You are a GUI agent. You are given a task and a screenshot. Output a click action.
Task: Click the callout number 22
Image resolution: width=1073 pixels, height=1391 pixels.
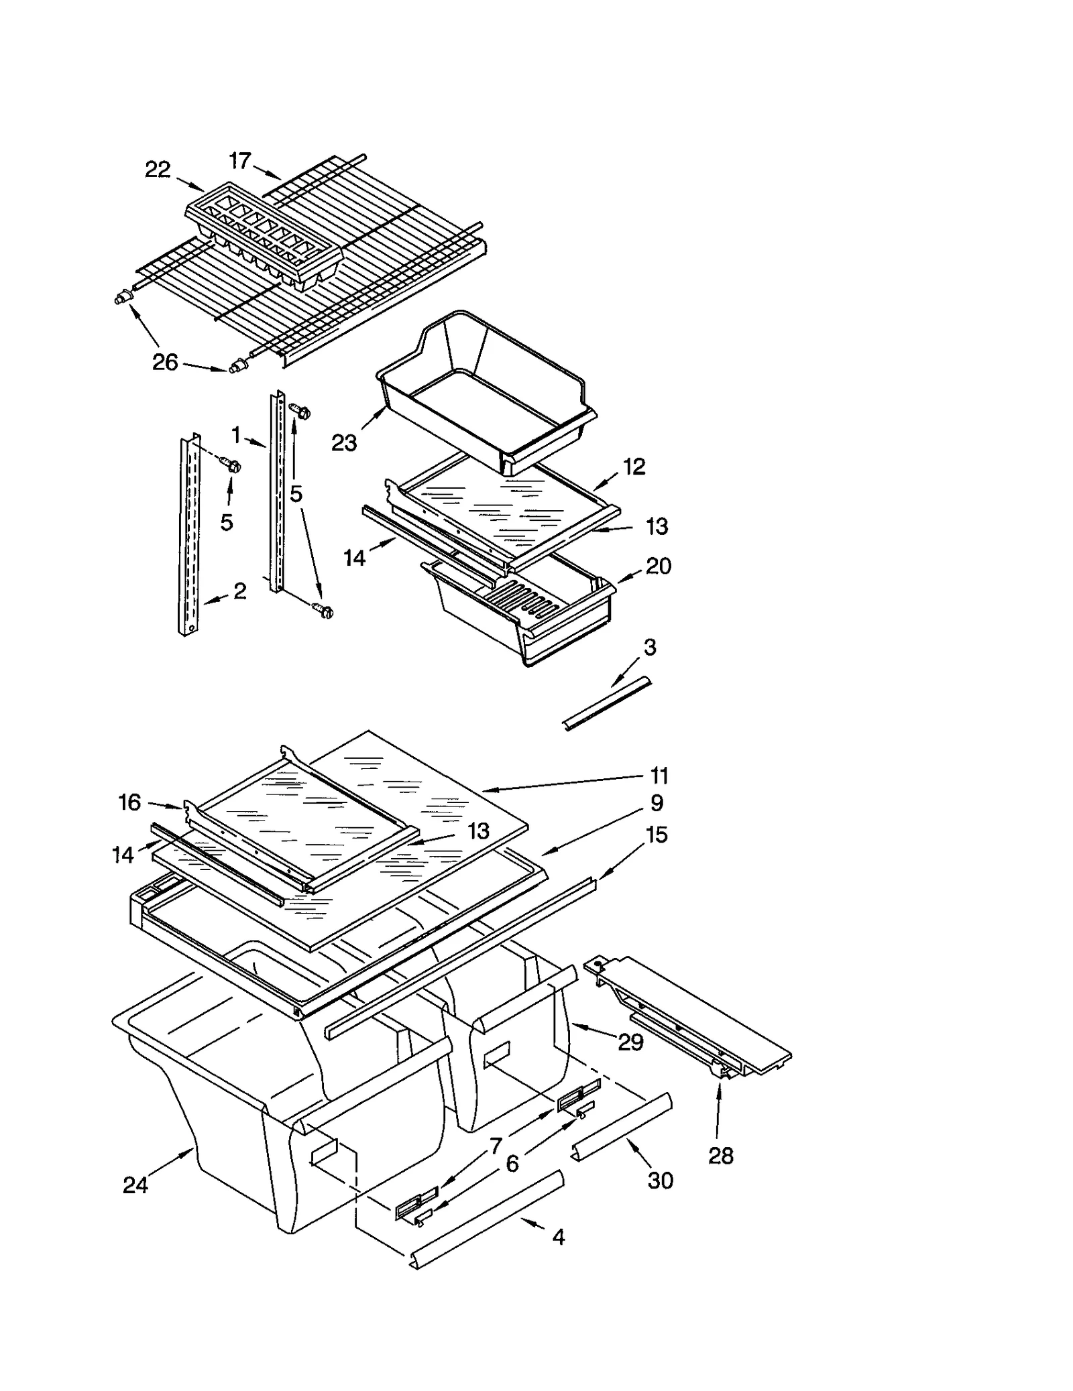(x=158, y=170)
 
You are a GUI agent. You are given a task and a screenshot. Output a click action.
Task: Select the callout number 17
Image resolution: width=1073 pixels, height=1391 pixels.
(x=239, y=161)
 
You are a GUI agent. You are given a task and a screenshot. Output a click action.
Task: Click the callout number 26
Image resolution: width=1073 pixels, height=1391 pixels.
(x=165, y=363)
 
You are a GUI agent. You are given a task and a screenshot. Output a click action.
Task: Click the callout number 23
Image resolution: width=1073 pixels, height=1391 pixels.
(x=344, y=443)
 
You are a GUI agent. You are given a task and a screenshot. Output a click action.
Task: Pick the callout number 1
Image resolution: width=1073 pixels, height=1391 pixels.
(x=236, y=436)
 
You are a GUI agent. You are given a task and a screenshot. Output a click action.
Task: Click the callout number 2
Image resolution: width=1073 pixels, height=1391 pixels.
(x=239, y=591)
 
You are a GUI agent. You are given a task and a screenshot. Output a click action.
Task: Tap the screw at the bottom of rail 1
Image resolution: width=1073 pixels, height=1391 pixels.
(x=324, y=610)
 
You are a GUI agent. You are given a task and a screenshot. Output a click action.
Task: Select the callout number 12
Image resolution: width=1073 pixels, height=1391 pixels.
(x=634, y=467)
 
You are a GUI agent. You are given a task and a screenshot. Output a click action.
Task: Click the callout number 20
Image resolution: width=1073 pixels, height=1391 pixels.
(x=658, y=566)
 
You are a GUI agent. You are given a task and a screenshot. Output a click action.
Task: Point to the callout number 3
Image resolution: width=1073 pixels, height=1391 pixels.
(x=649, y=647)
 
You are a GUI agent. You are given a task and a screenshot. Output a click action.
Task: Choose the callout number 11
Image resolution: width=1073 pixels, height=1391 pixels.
(x=659, y=776)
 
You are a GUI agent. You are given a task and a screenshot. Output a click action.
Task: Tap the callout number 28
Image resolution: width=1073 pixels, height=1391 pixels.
(x=721, y=1156)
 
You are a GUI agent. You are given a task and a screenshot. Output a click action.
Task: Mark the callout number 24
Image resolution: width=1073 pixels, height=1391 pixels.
(x=135, y=1185)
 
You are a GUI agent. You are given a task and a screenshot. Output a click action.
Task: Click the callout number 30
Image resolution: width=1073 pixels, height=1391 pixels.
(x=660, y=1181)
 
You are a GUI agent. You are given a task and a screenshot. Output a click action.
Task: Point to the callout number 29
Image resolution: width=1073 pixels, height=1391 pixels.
(x=630, y=1042)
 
